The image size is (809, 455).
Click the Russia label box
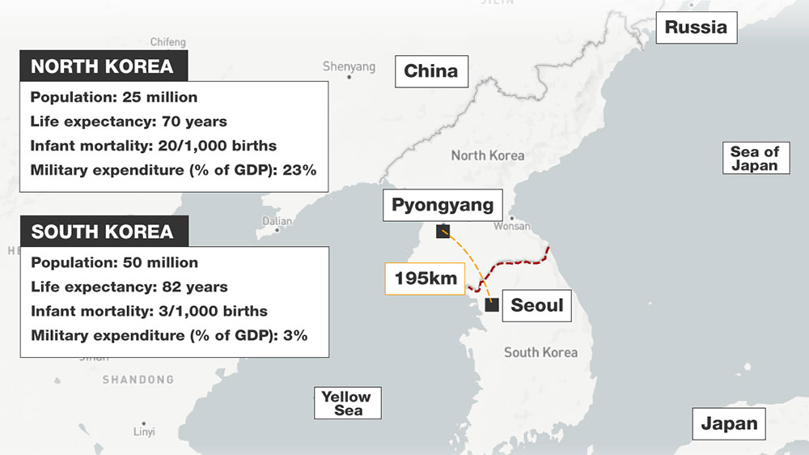(696, 28)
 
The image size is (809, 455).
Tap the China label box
(430, 71)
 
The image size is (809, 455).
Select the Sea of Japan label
(754, 158)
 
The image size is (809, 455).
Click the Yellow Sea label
(346, 403)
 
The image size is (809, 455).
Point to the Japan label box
(729, 423)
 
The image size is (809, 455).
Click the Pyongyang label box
(443, 205)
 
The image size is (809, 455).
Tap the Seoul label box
(536, 306)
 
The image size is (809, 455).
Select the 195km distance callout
(426, 279)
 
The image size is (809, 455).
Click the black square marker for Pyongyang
(443, 232)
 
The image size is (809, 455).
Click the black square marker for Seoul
(492, 305)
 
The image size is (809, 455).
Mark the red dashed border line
(518, 262)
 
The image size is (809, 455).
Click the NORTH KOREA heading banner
(102, 66)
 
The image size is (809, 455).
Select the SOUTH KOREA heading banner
(102, 232)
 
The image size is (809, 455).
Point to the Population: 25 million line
(113, 97)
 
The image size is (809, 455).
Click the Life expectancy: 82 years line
(129, 287)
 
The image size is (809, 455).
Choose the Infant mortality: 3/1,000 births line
(149, 311)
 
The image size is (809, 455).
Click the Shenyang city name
(349, 66)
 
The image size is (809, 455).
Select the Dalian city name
(277, 220)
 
